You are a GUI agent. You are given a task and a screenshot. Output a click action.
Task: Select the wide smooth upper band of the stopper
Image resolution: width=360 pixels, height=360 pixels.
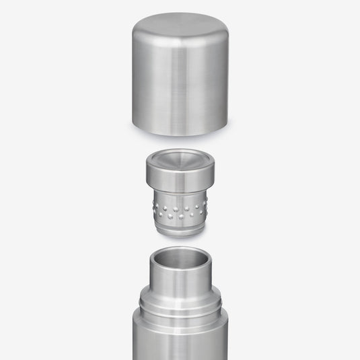[180, 180]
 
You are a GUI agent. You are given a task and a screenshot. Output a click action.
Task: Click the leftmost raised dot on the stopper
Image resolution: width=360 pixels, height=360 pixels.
[155, 203]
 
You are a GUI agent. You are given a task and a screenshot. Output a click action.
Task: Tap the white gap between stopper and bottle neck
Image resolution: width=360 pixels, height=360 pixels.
[180, 241]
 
